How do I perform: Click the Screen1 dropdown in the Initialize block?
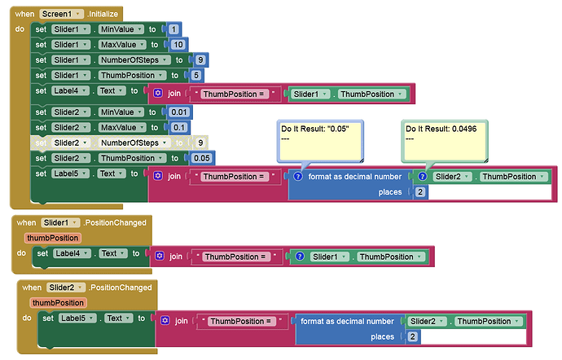pos(61,14)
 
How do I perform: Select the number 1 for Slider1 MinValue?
pos(173,29)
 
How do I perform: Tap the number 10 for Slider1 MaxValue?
pos(178,45)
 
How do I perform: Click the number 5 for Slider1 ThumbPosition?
pos(195,75)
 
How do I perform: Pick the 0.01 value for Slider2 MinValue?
pos(179,112)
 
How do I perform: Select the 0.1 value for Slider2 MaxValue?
pos(179,128)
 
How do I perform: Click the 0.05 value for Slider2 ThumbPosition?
pos(201,158)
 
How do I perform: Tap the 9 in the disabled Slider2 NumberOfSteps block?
pos(200,143)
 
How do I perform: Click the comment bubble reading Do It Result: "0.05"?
pos(320,141)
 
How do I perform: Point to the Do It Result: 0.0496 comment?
pos(445,141)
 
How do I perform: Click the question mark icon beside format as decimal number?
pos(298,177)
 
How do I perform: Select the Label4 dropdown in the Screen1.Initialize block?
pos(70,90)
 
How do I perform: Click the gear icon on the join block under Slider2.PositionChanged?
pos(165,320)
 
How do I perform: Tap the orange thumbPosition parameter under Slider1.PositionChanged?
pos(53,238)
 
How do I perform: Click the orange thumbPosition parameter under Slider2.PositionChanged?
pos(58,303)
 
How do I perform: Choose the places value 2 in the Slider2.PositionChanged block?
pos(412,336)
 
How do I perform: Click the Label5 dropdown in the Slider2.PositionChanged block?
pos(77,318)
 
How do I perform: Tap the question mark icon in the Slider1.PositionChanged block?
pos(300,257)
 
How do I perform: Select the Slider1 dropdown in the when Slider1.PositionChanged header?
pos(60,222)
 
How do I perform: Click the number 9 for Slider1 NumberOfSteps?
pos(200,60)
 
